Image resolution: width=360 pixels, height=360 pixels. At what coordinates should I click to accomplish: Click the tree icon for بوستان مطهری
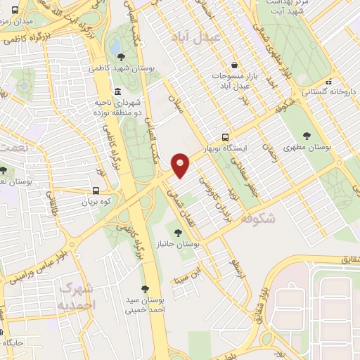tap(306, 135)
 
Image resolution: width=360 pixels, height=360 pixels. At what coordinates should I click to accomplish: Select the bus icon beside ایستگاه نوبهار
tap(225, 137)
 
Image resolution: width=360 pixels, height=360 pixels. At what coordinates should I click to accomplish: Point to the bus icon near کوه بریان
tap(96, 191)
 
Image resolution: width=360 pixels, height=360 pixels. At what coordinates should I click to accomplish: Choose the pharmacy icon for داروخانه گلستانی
tap(346, 79)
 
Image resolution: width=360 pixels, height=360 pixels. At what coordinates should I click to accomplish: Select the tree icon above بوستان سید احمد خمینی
tap(146, 289)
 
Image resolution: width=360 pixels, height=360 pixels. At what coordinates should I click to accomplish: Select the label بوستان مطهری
tap(307, 148)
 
